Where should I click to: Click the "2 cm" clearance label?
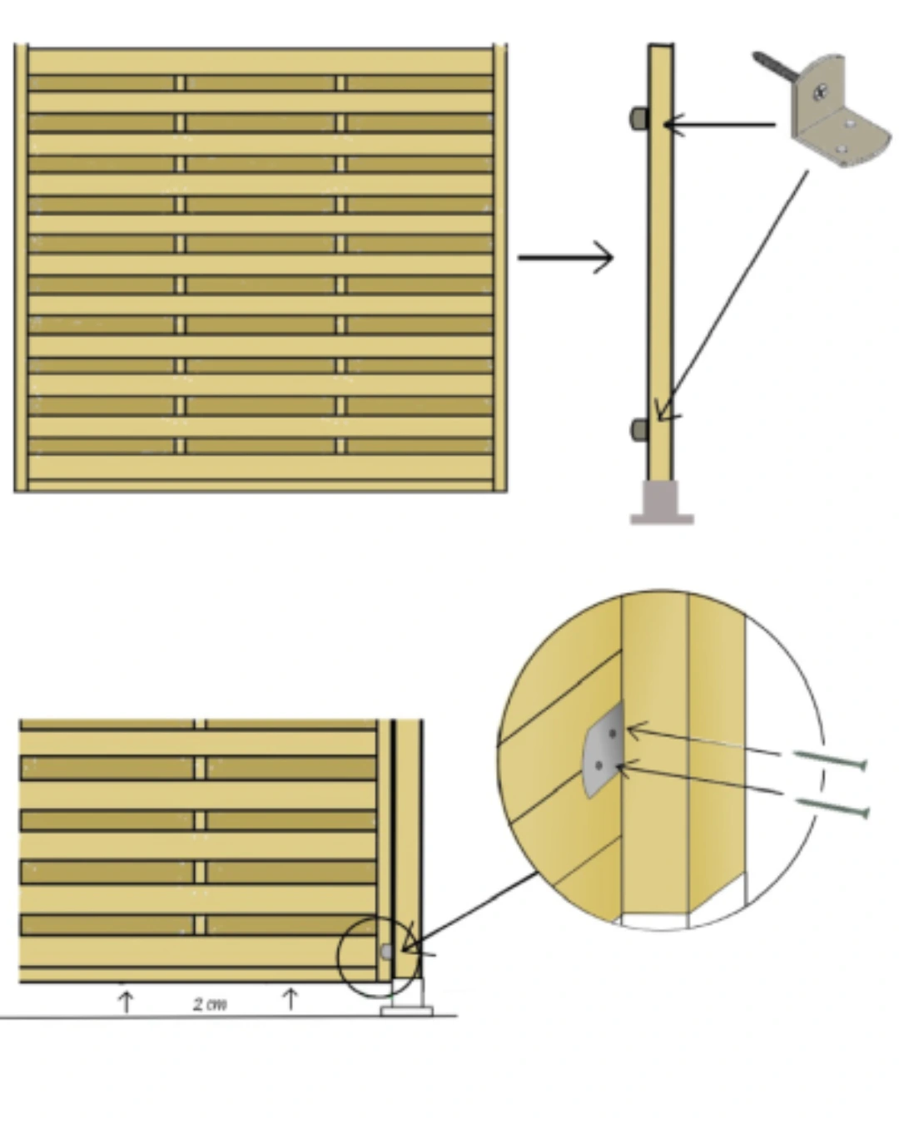210,1004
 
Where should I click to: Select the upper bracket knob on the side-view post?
639,119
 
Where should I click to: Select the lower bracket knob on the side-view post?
639,430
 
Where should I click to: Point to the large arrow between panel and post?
565,257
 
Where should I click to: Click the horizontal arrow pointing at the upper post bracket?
719,125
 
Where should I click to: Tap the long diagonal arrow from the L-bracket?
733,295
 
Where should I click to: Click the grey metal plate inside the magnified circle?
604,749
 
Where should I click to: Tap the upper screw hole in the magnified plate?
613,733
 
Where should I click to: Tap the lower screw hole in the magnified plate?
599,765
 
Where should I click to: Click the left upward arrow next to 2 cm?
126,1002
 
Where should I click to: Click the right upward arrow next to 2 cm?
291,999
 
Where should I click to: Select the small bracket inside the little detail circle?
386,952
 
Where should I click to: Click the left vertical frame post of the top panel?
21,268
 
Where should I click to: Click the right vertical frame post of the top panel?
500,268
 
